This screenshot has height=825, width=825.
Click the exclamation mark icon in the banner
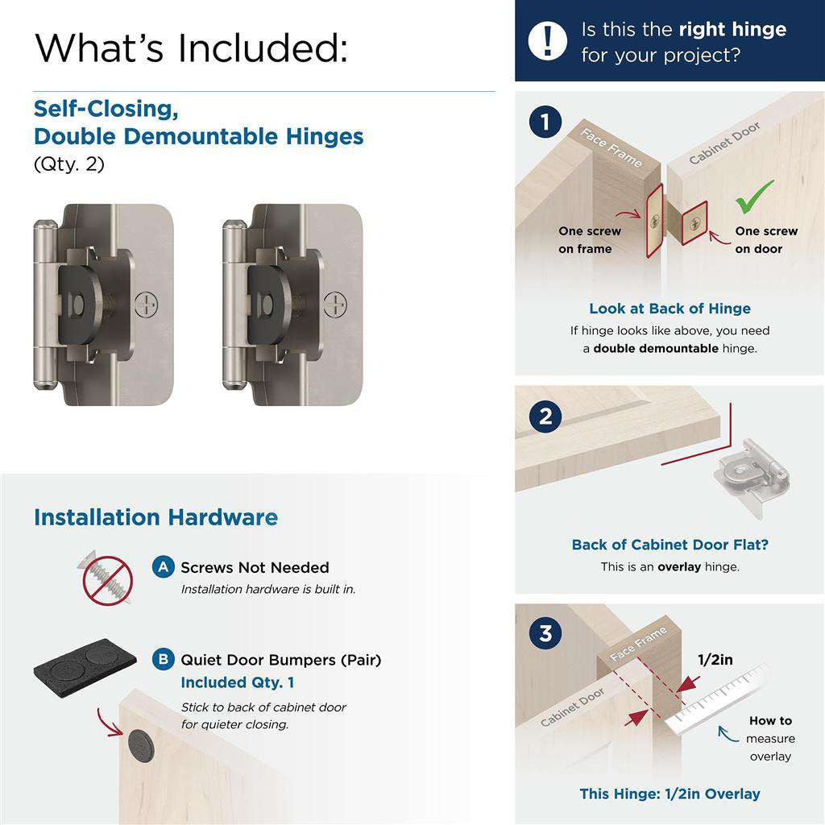(548, 40)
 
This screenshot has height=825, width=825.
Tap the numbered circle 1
(545, 123)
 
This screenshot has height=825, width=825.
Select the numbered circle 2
(545, 417)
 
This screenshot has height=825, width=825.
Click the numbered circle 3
(545, 633)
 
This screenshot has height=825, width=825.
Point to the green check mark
(754, 196)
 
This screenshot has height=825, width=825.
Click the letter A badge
(164, 567)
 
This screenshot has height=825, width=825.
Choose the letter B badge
(164, 660)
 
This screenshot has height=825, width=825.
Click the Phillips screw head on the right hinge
(336, 304)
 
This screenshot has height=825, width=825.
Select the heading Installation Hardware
(155, 517)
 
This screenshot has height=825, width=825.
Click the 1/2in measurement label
(715, 660)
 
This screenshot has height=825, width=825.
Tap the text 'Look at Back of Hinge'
(670, 309)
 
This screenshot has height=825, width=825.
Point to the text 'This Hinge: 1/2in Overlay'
(670, 794)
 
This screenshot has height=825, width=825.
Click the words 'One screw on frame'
(590, 240)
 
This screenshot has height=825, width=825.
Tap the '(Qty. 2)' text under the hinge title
(69, 164)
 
